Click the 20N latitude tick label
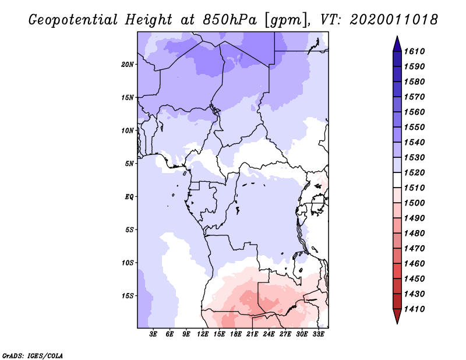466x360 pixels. [128, 64]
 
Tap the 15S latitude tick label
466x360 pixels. [128, 295]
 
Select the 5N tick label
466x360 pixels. [129, 163]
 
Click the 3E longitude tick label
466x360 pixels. [154, 335]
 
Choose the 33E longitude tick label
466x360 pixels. [319, 335]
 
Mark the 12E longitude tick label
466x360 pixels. [203, 335]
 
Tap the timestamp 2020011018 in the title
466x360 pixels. [394, 19]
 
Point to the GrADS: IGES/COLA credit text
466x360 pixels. [25, 354]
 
